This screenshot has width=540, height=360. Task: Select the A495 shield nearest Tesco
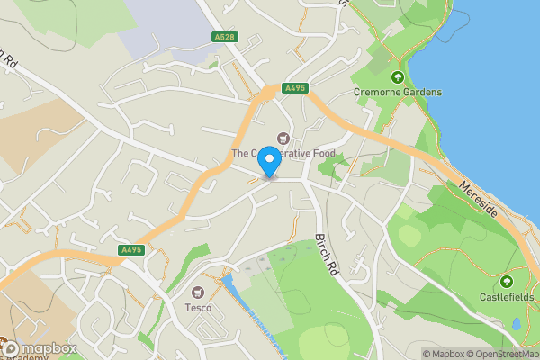pos(131,250)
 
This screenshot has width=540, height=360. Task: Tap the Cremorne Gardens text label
pos(397,92)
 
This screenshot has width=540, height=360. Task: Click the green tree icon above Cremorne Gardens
pos(397,77)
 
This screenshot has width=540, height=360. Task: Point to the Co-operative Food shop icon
pos(284,139)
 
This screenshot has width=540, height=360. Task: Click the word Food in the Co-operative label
pos(319,154)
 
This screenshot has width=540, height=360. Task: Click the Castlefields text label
pos(506,297)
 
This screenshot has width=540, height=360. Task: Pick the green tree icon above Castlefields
pos(506,282)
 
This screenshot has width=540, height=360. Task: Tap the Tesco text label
pos(198,308)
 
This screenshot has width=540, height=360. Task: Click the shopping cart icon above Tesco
pos(198,292)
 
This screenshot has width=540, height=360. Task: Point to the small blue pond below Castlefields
pos(517,323)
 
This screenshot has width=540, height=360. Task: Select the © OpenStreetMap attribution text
pos(500,354)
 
